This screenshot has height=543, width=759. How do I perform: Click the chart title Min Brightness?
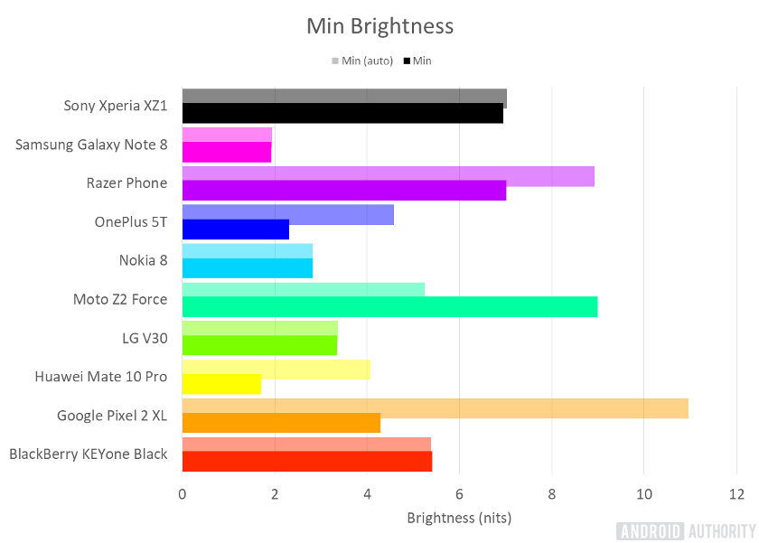379,26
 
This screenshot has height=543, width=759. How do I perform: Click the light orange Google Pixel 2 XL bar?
435,408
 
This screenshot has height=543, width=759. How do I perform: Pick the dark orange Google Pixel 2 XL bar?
281,423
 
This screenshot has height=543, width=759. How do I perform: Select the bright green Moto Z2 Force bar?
389,307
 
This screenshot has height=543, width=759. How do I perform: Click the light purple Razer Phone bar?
388,176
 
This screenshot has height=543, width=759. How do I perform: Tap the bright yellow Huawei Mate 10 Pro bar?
221,384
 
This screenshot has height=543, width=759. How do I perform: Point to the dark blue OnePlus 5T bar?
235,229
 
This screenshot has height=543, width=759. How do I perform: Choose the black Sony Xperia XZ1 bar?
342,113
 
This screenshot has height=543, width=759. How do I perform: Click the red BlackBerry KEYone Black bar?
306,461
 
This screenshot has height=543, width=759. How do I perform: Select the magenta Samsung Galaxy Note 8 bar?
226,152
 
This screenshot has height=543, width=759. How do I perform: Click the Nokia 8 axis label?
143,260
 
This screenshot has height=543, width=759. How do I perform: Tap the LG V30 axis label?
145,338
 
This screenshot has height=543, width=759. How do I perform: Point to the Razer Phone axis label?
126,183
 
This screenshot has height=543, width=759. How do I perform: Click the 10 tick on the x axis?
643,493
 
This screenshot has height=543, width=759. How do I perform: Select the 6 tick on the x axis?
459,493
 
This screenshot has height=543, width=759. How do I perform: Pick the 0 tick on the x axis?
183,493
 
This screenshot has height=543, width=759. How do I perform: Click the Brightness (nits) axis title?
459,518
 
